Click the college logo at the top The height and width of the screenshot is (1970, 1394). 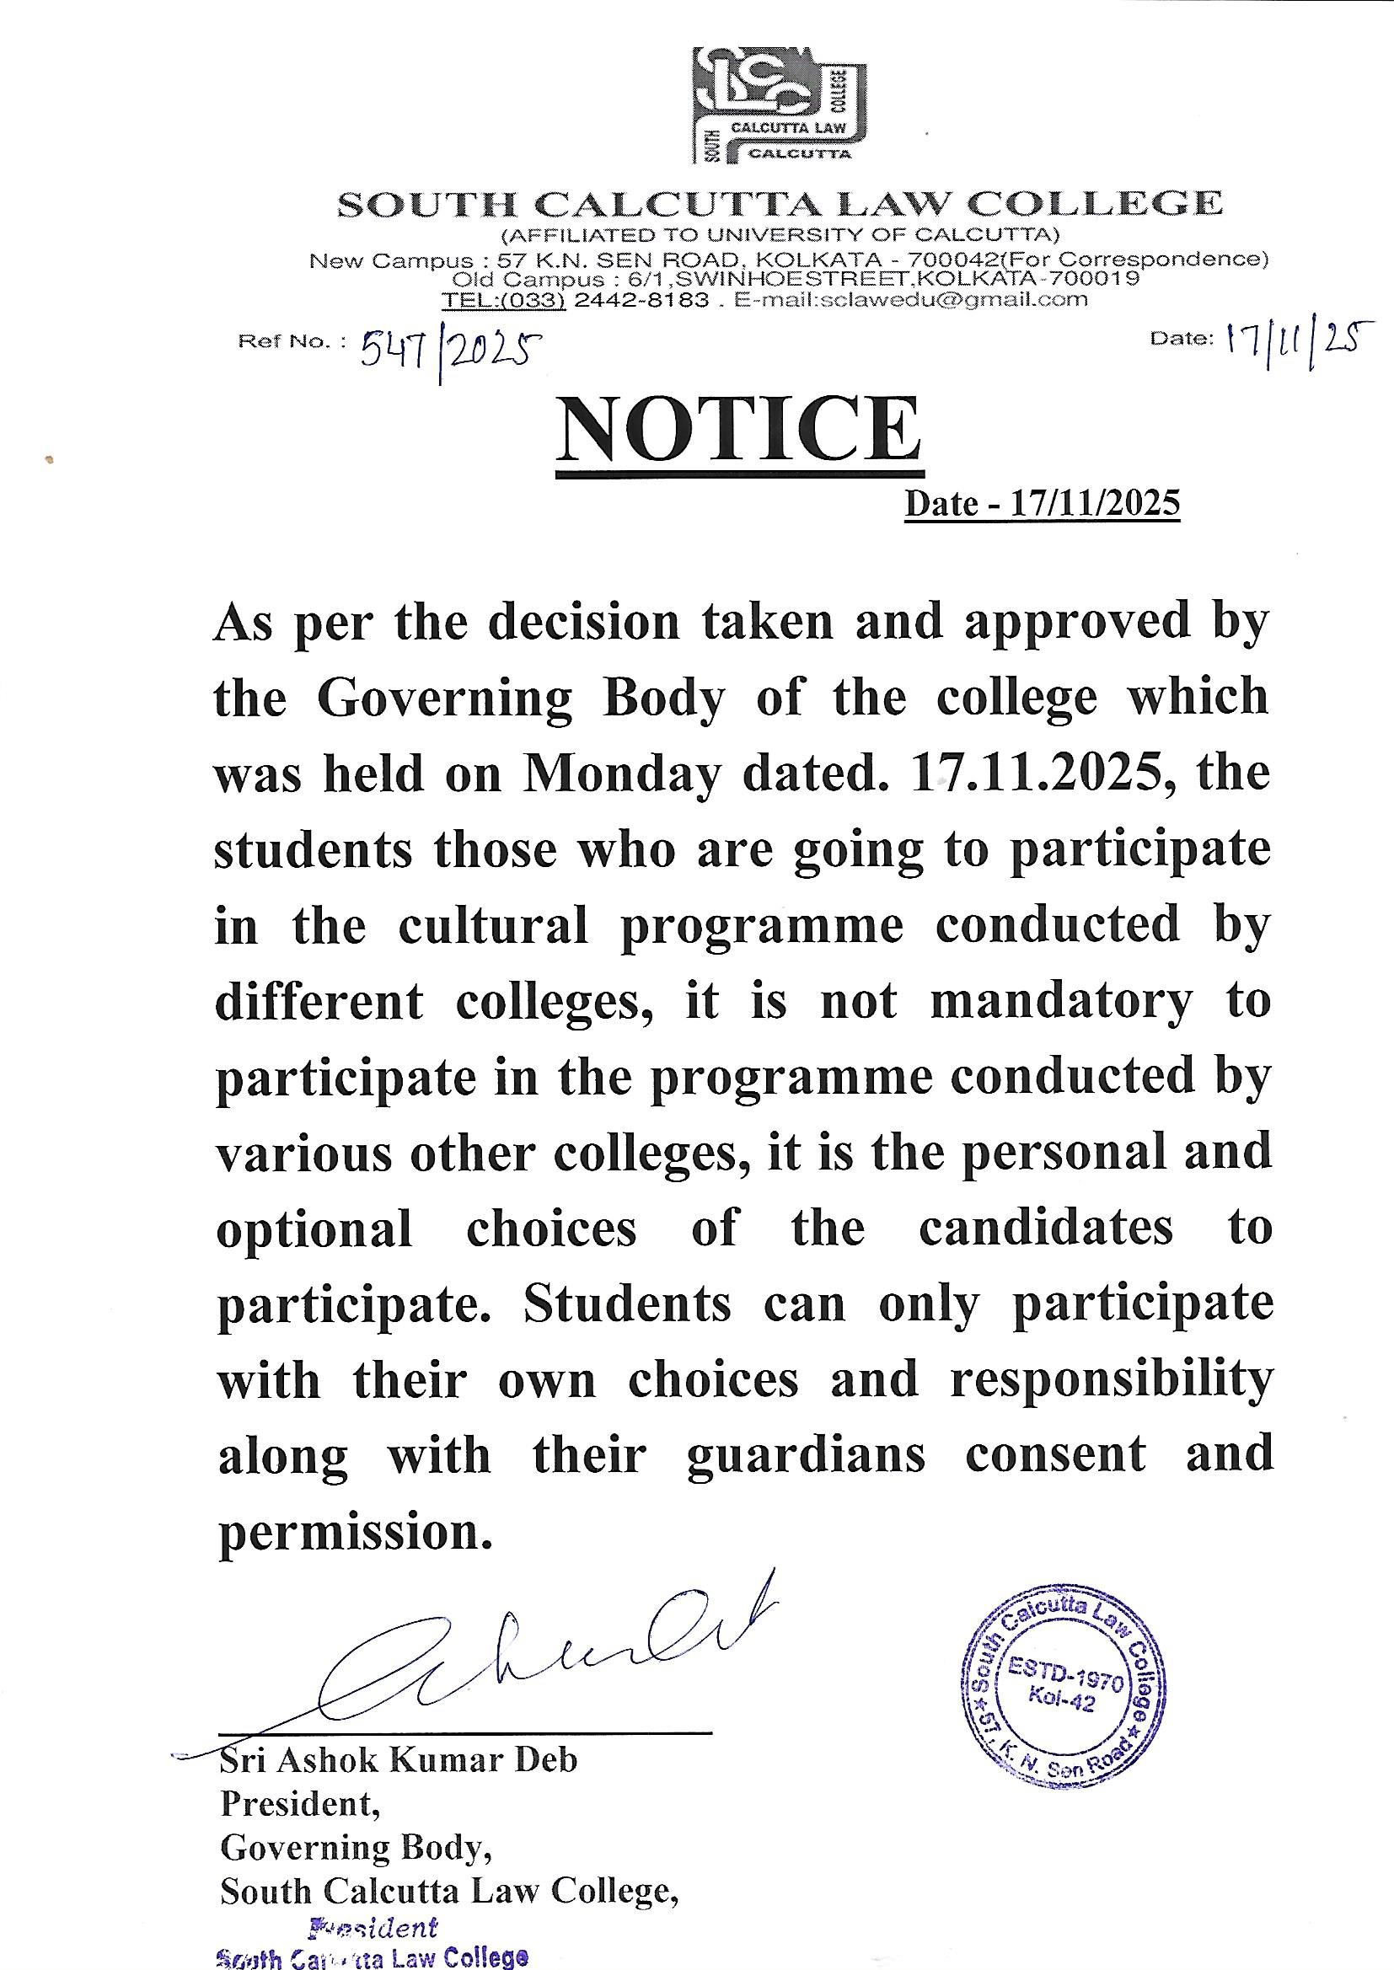coord(780,104)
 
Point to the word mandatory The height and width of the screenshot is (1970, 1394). coord(1061,1001)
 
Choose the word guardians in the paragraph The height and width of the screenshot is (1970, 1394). coord(806,1456)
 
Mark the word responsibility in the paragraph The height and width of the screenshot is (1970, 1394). coord(1111,1379)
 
